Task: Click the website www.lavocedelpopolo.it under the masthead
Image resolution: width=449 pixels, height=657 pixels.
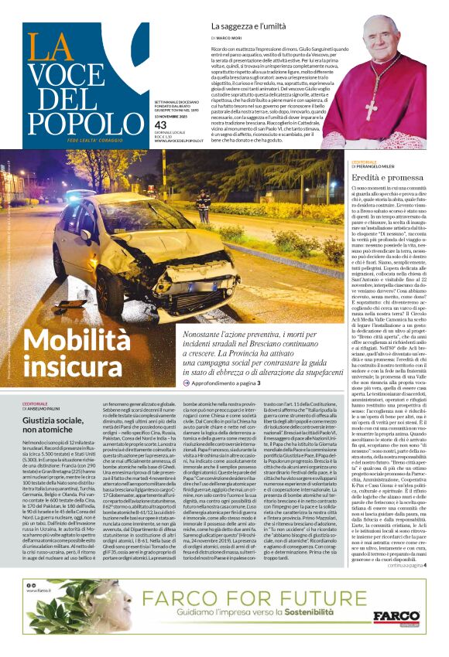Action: click(180, 141)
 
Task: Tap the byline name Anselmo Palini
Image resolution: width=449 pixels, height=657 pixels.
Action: click(61, 410)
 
